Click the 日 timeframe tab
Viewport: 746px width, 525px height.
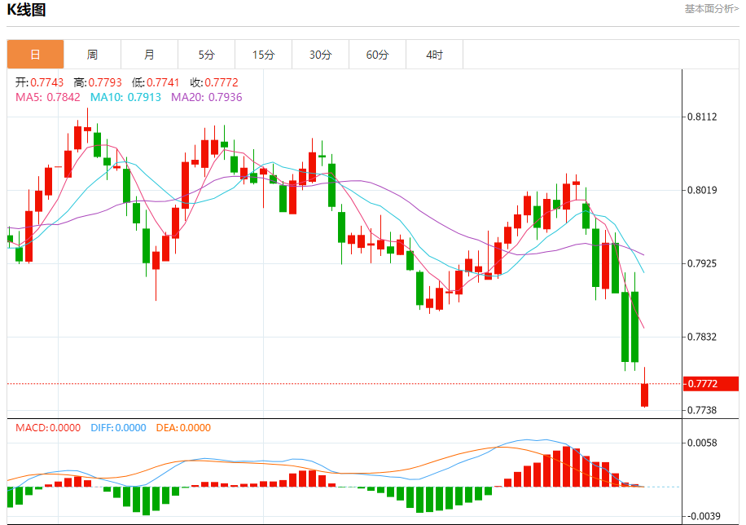[35, 55]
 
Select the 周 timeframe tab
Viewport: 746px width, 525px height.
[92, 55]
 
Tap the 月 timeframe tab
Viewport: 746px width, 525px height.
[149, 55]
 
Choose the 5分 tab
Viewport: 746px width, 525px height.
[206, 55]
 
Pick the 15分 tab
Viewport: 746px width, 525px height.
[263, 55]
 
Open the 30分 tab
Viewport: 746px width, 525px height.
[320, 55]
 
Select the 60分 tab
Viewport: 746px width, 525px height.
[377, 55]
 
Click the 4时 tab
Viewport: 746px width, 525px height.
[434, 55]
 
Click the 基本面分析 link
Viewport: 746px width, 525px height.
[711, 9]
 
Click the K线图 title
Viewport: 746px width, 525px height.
[27, 11]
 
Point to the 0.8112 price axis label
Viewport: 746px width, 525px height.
[702, 117]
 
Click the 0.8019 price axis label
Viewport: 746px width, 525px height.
[702, 190]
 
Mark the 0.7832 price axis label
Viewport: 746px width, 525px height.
[702, 337]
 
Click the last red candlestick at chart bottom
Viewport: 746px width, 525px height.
[644, 395]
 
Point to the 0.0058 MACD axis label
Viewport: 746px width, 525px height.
[702, 443]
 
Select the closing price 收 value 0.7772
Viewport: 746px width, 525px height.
[221, 82]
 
